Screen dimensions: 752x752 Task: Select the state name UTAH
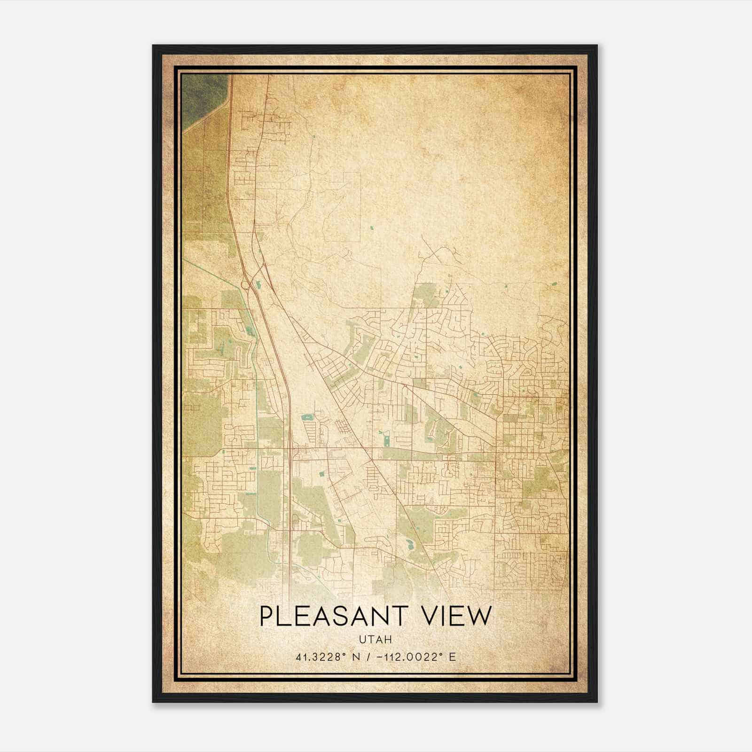[376, 640]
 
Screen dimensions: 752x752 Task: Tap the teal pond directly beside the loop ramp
[258, 283]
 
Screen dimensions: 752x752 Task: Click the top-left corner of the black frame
[153, 46]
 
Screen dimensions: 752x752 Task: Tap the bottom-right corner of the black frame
[597, 702]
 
